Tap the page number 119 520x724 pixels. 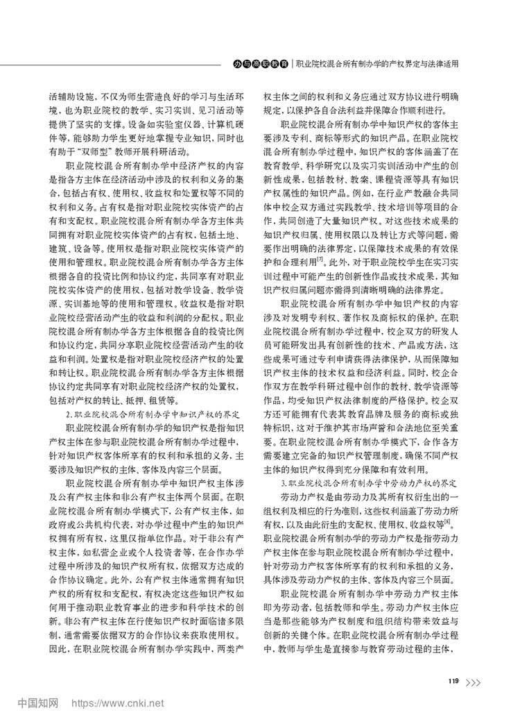pos(454,680)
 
